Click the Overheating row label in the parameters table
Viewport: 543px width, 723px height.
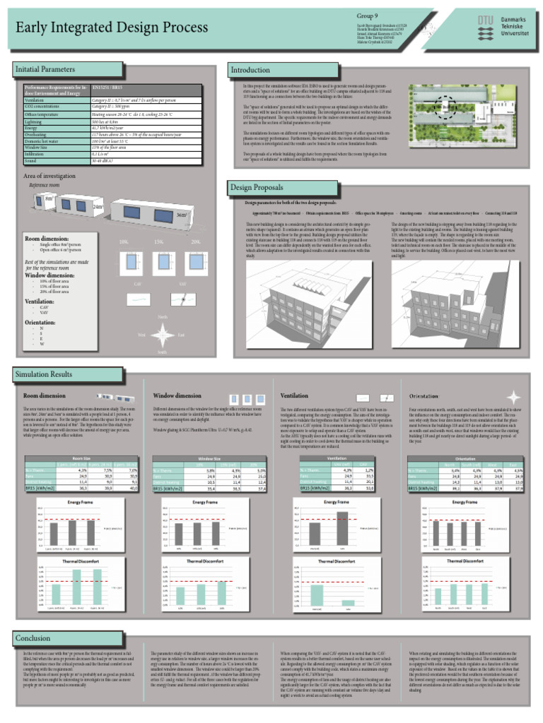click(x=40, y=135)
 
